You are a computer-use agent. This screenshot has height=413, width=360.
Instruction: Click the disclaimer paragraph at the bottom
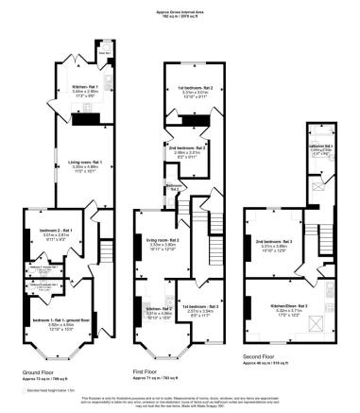(x=180, y=403)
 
